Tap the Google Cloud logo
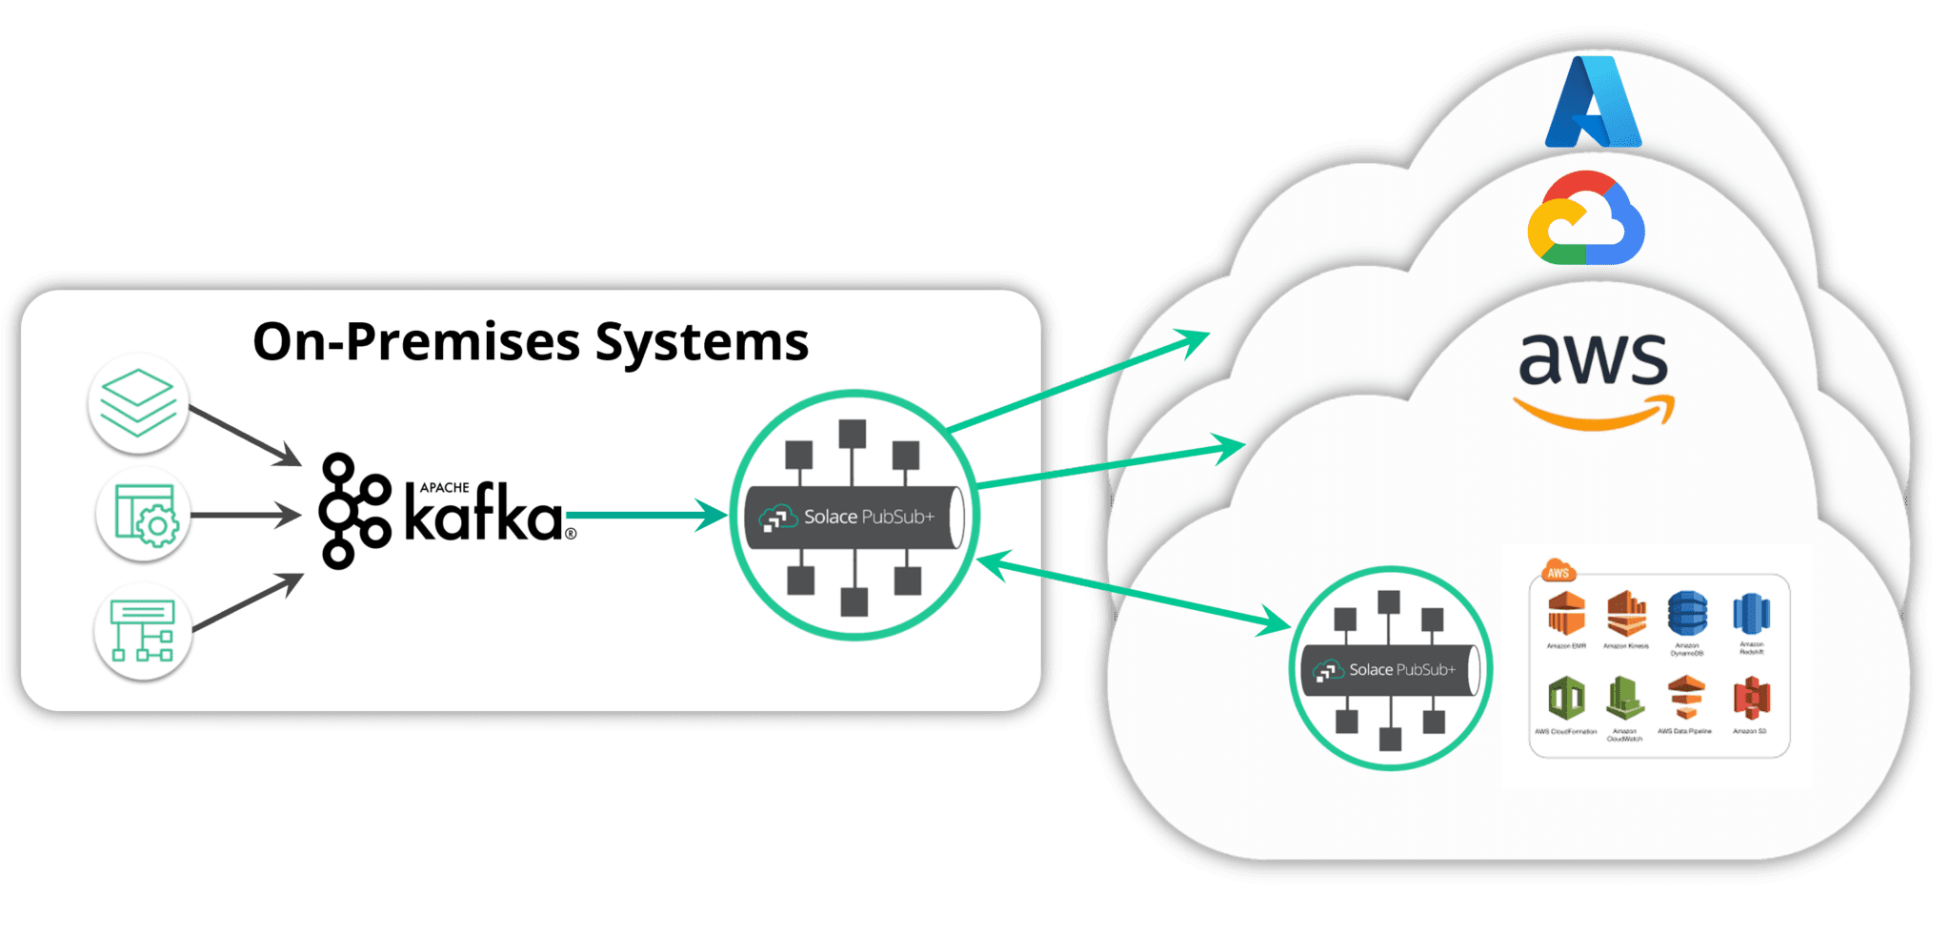pyautogui.click(x=1586, y=219)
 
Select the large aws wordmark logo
pyautogui.click(x=1593, y=376)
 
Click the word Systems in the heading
pyautogui.click(x=702, y=341)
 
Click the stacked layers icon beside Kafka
pyautogui.click(x=138, y=402)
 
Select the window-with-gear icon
pyautogui.click(x=144, y=515)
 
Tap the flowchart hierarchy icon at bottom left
pyautogui.click(x=143, y=629)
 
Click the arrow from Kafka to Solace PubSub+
pyautogui.click(x=648, y=516)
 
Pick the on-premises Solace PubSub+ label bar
pyautogui.click(x=855, y=517)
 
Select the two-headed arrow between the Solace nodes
pyautogui.click(x=1134, y=593)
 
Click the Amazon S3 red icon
pyautogui.click(x=1750, y=699)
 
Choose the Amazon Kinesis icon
pyautogui.click(x=1626, y=613)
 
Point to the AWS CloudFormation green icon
pyautogui.click(x=1566, y=699)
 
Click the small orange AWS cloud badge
pyautogui.click(x=1559, y=572)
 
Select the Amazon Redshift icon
pyautogui.click(x=1751, y=613)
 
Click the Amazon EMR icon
pyautogui.click(x=1566, y=613)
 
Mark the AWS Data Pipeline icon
pyautogui.click(x=1685, y=699)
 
